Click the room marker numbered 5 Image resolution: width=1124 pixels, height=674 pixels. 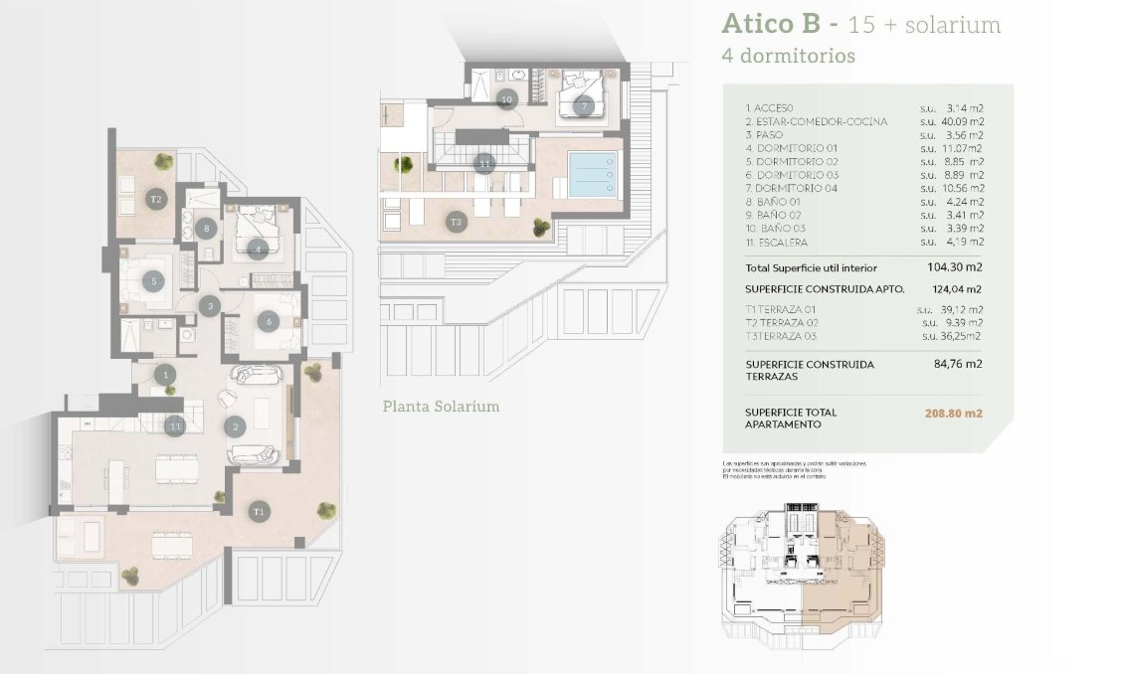tap(154, 281)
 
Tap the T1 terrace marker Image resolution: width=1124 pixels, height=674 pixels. tap(259, 511)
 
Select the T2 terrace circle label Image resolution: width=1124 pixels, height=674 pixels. tap(155, 199)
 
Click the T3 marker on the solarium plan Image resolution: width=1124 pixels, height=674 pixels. tap(457, 221)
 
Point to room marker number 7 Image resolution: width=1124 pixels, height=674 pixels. tap(584, 104)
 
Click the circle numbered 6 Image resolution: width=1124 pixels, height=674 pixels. tap(268, 321)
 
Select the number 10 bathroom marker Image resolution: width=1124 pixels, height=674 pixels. tap(506, 98)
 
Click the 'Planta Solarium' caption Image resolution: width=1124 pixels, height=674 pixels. tap(441, 407)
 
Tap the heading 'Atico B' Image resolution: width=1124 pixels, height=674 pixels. tap(770, 24)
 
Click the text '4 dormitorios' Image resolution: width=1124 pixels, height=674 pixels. tap(788, 57)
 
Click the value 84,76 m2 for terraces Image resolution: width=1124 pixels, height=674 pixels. tap(960, 364)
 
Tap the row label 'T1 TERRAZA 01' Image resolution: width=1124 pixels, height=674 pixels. tap(782, 309)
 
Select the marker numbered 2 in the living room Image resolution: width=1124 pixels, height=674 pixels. tap(236, 428)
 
